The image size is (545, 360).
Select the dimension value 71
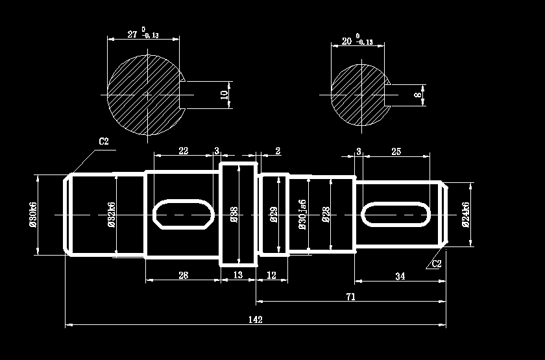[351, 297]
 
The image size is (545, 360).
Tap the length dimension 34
[400, 277]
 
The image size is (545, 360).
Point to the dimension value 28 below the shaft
[183, 276]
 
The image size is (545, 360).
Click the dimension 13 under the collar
[237, 276]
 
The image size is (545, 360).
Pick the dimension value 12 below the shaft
[271, 276]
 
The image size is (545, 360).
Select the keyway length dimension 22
[183, 150]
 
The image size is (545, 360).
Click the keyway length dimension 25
[396, 151]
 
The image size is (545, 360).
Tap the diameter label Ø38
[234, 215]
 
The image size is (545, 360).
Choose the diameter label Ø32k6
[111, 214]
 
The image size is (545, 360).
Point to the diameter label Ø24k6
[465, 214]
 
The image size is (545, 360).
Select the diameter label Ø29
[274, 215]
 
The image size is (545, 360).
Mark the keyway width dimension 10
[224, 95]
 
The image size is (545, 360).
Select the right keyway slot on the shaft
[396, 214]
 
